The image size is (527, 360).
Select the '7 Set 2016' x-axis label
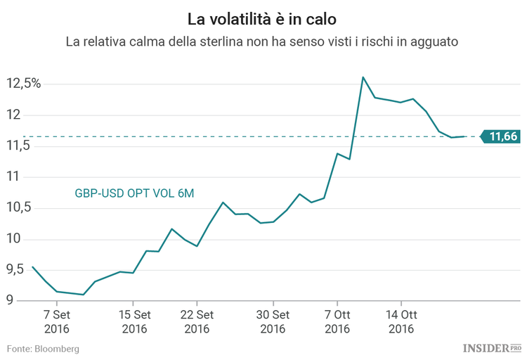pyautogui.click(x=56, y=321)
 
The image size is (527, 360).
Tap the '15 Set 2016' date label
pyautogui.click(x=134, y=321)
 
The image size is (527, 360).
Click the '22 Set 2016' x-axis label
pyautogui.click(x=197, y=321)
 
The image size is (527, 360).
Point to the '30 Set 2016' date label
pyautogui.click(x=273, y=321)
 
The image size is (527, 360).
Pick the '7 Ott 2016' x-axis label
pyautogui.click(x=338, y=321)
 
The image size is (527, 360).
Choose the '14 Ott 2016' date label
pyautogui.click(x=401, y=321)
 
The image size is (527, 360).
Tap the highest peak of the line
pyautogui.click(x=363, y=77)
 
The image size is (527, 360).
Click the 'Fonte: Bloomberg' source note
pyautogui.click(x=44, y=349)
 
